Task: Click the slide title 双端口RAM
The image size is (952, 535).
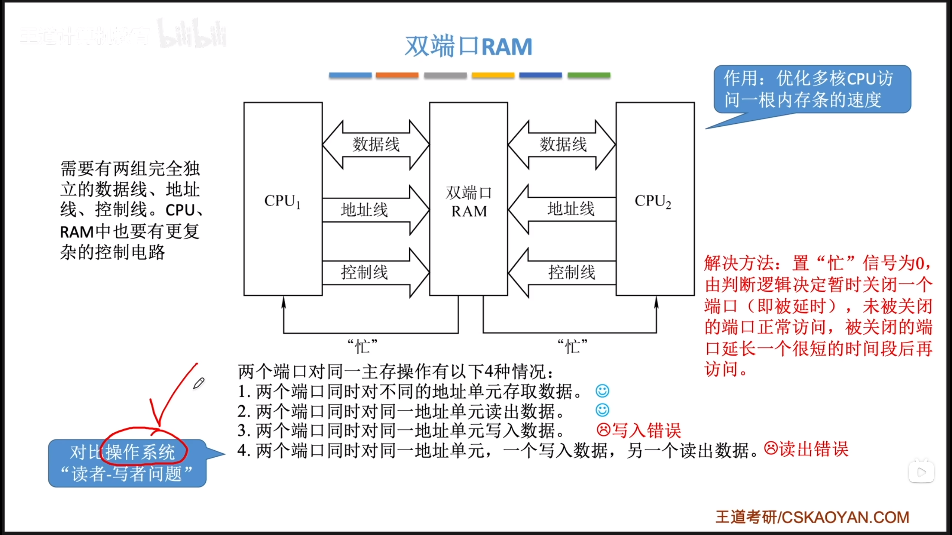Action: point(468,47)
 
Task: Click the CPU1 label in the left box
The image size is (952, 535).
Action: point(282,201)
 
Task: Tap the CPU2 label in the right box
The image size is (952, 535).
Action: point(653,201)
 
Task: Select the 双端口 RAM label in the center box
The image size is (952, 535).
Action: point(469,202)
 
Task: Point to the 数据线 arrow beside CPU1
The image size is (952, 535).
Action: point(376,145)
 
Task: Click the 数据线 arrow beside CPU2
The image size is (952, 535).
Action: point(562,145)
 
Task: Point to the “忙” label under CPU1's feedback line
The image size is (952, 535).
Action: point(362,346)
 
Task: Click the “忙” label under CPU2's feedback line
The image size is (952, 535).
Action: point(572,346)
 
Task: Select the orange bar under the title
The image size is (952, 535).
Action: point(397,75)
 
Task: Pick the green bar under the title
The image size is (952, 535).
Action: point(589,75)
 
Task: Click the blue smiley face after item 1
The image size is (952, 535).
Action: point(602,391)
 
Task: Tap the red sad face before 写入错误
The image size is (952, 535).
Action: point(604,430)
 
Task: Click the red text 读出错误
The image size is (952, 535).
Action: point(814,449)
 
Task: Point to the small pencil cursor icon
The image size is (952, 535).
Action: point(199,383)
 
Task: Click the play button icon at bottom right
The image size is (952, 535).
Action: point(922,472)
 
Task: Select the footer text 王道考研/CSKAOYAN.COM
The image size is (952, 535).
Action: point(812,517)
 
